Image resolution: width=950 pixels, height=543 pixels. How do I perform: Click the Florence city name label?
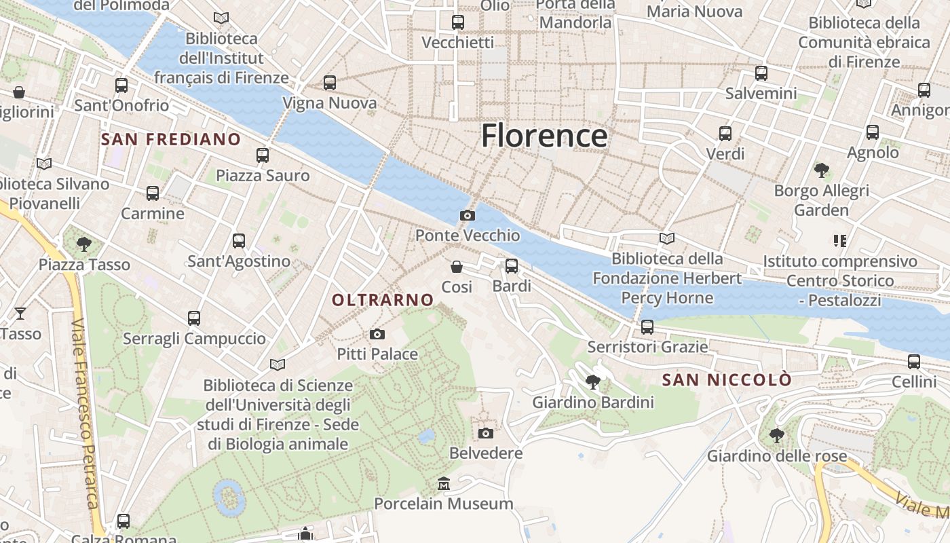544,136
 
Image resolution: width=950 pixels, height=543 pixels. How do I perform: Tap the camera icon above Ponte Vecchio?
468,215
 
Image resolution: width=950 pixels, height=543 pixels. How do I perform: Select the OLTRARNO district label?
383,299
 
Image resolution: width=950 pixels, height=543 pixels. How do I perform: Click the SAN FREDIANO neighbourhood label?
171,140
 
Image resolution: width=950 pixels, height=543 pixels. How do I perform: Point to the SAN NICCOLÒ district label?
727,380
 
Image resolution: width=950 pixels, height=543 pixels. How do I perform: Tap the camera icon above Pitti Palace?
377,334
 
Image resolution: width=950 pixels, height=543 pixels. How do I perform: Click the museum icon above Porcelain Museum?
444,483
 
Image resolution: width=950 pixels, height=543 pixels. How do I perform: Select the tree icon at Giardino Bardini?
593,382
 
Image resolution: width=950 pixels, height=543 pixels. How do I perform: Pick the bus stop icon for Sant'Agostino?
239,241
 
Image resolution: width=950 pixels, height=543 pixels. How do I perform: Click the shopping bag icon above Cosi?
457,267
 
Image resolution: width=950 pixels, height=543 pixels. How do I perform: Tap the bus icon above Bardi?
512,266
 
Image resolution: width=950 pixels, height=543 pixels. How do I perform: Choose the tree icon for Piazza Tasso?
84,244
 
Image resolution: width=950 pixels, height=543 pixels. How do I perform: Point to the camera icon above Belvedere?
486,433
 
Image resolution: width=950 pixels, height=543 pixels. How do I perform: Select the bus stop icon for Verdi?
725,134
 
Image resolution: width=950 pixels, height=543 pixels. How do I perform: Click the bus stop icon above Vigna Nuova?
330,83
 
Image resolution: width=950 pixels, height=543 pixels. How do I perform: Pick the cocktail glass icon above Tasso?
20,313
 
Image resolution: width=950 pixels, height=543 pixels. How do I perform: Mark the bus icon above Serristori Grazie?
647,327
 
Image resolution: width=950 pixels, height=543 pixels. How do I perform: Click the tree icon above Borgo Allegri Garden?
822,170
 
